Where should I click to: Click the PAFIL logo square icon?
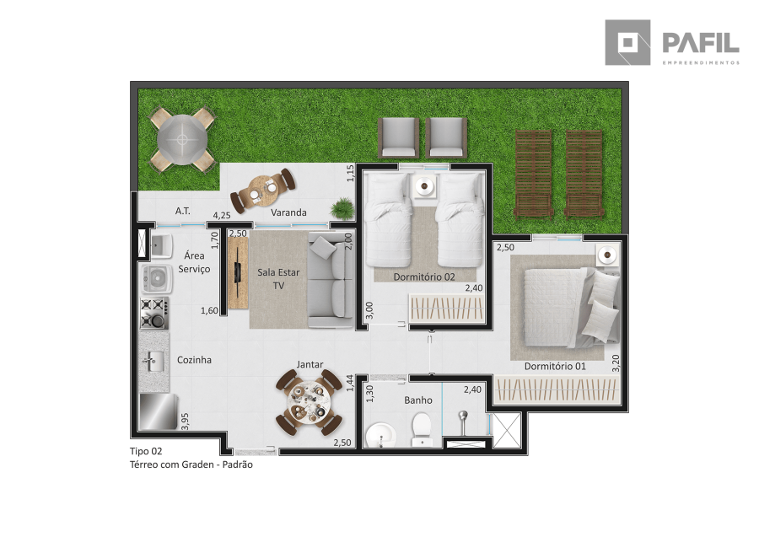(x=627, y=43)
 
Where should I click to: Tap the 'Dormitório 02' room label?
(x=424, y=277)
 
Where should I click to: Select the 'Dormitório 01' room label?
(x=555, y=366)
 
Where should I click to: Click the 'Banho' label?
(x=418, y=400)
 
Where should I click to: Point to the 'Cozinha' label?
(x=194, y=360)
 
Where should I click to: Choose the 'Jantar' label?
(x=310, y=364)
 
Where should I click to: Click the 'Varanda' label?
(x=288, y=212)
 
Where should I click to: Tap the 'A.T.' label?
(x=182, y=211)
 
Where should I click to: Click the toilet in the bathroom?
(x=422, y=428)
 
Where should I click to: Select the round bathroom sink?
(x=381, y=435)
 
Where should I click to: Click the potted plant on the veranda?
(x=342, y=209)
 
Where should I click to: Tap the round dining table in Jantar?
(x=309, y=402)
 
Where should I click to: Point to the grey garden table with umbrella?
(x=182, y=140)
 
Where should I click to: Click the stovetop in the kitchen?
(x=154, y=313)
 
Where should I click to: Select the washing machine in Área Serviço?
(x=156, y=278)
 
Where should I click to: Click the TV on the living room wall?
(x=237, y=272)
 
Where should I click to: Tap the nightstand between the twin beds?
(x=426, y=185)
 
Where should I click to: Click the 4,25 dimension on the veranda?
(x=222, y=216)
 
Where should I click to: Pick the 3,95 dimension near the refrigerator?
(x=185, y=421)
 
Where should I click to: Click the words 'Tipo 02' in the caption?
(x=146, y=451)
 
